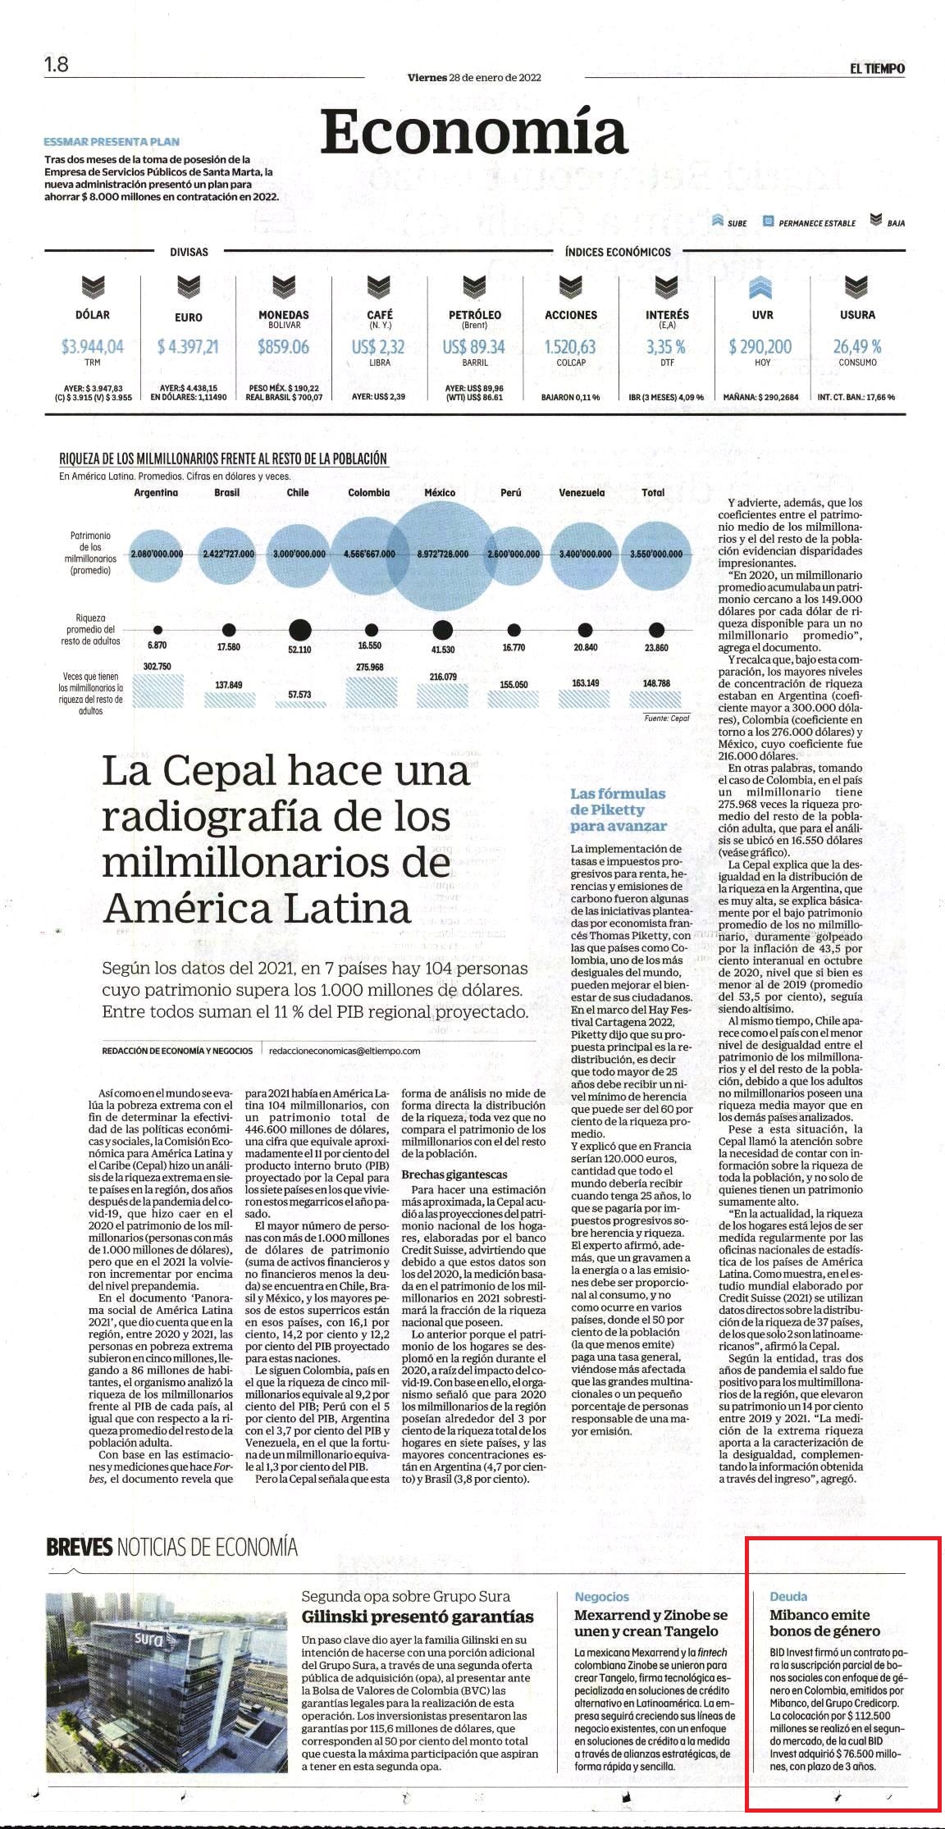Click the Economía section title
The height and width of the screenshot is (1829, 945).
474,131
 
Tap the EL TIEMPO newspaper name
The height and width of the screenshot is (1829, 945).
877,69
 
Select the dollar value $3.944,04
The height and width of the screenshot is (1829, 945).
93,347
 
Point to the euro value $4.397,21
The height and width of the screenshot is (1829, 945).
188,347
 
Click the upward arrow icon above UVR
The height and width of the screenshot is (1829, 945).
761,287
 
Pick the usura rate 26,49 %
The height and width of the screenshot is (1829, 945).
857,347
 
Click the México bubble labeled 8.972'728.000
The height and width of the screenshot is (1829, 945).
440,554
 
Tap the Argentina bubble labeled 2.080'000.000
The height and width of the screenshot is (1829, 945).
156,554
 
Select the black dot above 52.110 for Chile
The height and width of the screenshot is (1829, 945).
299,630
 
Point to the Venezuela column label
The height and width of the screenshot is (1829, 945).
582,493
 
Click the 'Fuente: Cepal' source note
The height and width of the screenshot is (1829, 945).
667,718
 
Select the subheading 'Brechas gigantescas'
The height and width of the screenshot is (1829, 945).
454,1175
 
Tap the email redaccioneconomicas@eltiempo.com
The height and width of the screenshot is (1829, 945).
345,1050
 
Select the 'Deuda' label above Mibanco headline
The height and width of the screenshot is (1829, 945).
788,1596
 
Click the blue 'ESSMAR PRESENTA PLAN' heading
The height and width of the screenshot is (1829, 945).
112,142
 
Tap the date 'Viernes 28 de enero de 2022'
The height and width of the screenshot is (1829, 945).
474,78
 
